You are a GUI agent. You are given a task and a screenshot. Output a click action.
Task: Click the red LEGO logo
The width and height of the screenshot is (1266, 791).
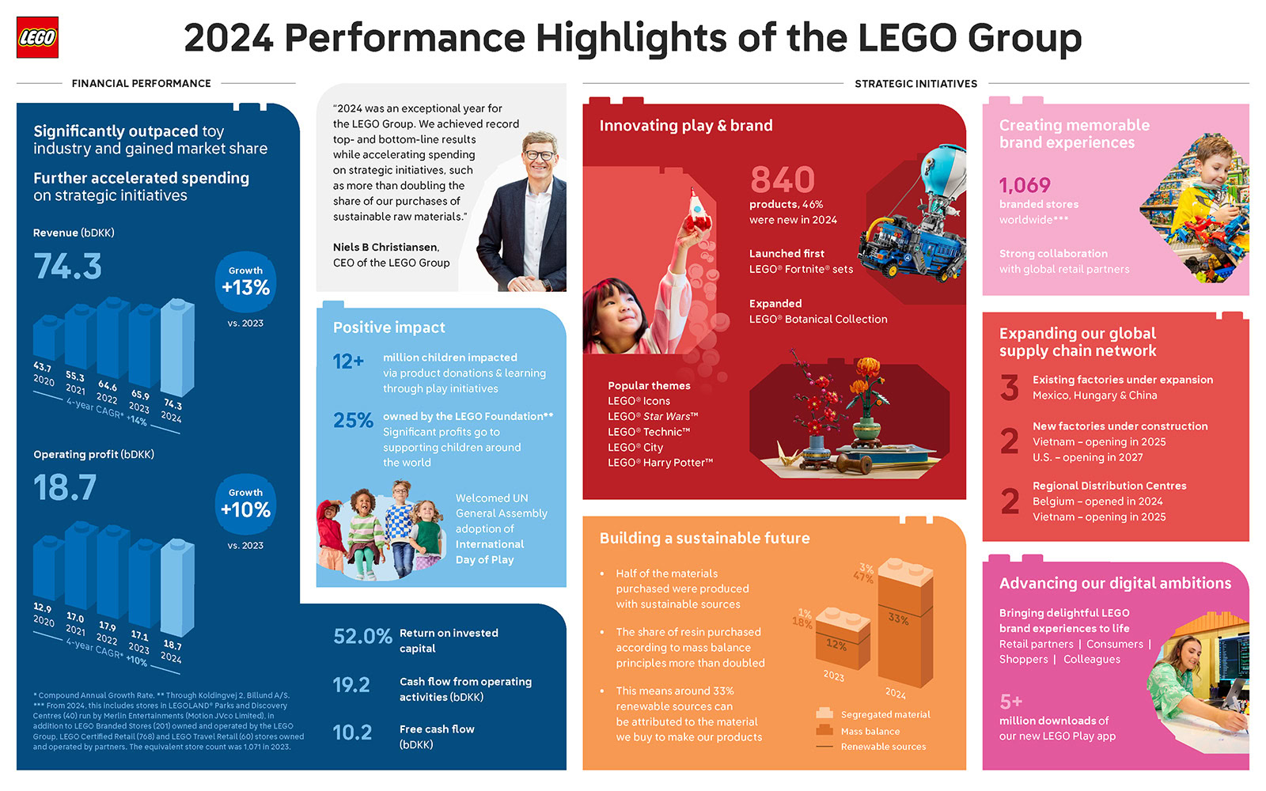tap(37, 37)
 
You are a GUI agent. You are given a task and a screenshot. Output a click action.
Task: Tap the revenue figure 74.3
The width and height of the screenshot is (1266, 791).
tap(68, 267)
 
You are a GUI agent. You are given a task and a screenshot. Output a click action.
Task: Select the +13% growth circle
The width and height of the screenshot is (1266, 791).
tap(245, 282)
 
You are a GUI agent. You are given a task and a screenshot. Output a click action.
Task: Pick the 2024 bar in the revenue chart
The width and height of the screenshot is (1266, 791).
tap(177, 348)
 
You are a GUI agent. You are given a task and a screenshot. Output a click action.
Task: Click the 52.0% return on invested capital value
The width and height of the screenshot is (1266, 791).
tap(362, 637)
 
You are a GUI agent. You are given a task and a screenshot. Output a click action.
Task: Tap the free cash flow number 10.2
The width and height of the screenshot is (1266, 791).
tap(352, 732)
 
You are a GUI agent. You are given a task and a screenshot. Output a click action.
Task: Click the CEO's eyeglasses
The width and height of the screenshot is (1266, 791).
tap(539, 156)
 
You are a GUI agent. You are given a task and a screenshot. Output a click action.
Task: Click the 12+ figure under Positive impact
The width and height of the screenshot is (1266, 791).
tap(348, 361)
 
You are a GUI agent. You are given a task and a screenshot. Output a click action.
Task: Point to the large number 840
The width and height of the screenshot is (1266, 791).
tap(782, 180)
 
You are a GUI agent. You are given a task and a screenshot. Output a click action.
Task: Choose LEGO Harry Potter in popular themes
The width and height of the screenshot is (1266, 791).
tap(660, 463)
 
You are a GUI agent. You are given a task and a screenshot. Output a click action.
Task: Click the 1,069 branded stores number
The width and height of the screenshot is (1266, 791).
tap(1025, 185)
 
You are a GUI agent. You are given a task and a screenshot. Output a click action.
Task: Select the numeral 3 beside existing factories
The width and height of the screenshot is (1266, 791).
tap(1010, 388)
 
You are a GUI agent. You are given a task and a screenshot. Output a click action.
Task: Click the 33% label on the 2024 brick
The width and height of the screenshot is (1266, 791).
tap(898, 619)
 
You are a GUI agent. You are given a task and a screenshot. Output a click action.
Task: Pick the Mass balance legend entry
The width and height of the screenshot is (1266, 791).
tap(870, 732)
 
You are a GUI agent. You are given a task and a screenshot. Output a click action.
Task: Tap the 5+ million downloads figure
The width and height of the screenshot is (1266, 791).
tap(1011, 702)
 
